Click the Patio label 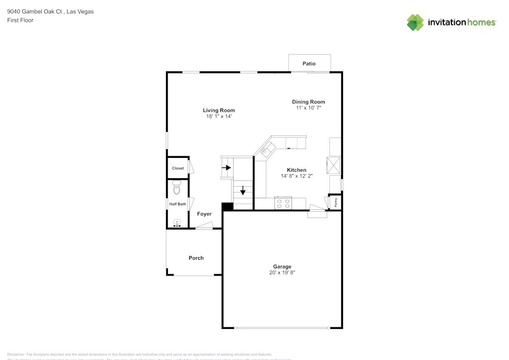pos(309,64)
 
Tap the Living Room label pos(219,110)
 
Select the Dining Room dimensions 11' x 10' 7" pos(308,108)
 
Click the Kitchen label pos(296,170)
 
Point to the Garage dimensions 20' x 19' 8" pos(282,273)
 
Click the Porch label pos(196,258)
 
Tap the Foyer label pos(204,214)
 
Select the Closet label pos(178,168)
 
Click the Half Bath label pos(178,204)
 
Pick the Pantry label pos(336,202)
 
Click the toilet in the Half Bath pos(177,188)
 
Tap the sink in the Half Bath pos(177,223)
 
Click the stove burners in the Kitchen pos(283,204)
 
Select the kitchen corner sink pos(267,149)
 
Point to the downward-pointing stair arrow pos(243,191)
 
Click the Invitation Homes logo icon pos(415,22)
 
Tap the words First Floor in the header pos(20,20)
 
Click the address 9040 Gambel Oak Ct pos(35,11)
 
